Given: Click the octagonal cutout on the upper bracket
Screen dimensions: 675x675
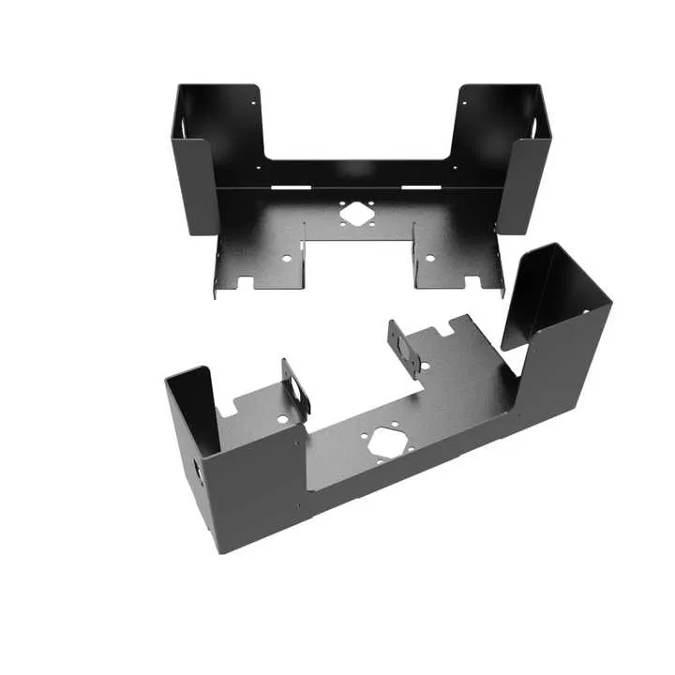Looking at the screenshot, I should coord(355,213).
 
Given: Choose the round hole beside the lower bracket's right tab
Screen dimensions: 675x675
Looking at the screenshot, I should coord(427,366).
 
